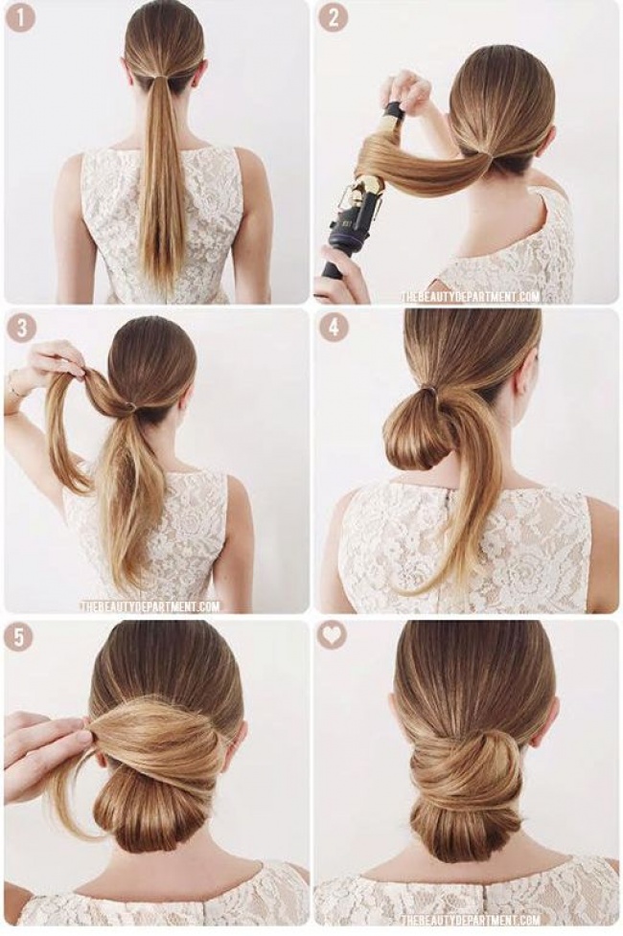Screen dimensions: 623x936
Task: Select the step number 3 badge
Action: point(20,328)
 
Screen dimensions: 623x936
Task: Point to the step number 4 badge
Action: point(334,328)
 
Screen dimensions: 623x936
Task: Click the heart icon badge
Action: point(332,636)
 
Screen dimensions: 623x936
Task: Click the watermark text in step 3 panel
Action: point(150,606)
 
